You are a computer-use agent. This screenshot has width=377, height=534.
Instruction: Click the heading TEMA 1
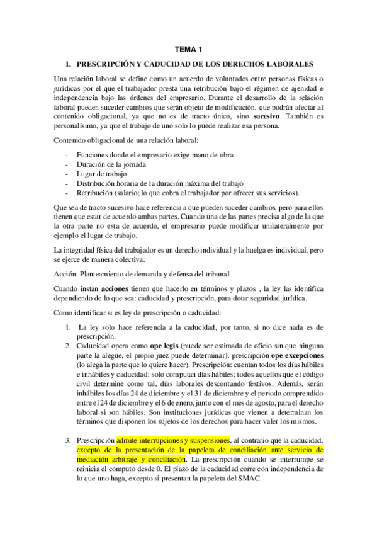[x=188, y=49]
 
